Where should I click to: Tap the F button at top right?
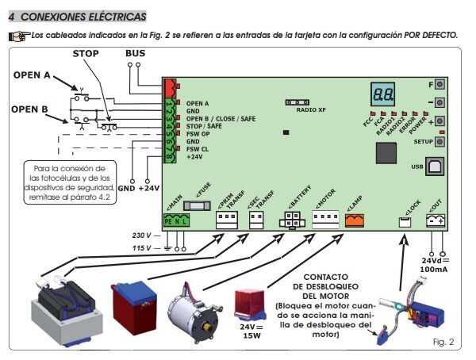point(439,84)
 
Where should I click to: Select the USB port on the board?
point(436,166)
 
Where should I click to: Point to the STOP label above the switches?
point(86,53)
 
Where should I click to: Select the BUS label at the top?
point(136,53)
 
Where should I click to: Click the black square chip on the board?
point(386,153)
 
